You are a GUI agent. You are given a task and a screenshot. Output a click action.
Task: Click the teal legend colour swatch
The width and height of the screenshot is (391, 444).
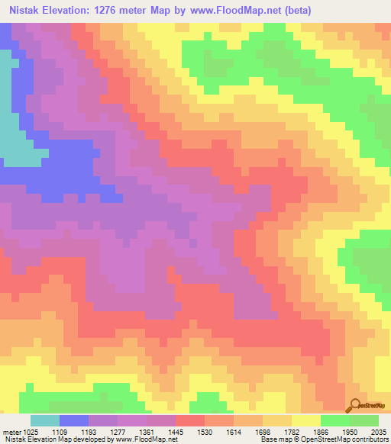[x=45, y=420]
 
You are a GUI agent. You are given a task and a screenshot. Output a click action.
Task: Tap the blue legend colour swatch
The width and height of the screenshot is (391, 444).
[x=74, y=420]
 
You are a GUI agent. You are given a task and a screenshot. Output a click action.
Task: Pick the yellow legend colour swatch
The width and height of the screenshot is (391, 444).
[x=306, y=420]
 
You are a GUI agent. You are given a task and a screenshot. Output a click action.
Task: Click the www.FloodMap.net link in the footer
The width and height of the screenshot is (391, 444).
[x=144, y=439]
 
